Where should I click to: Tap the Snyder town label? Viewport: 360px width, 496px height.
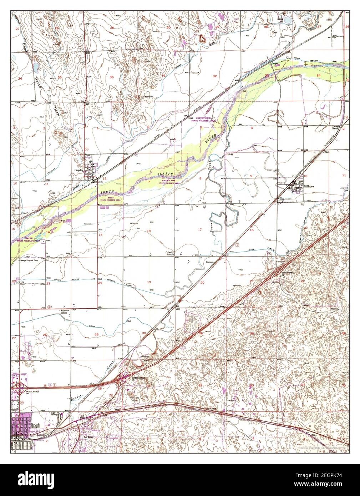78,171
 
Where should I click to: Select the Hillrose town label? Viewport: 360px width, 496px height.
309,186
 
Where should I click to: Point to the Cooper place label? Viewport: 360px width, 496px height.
275,64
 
